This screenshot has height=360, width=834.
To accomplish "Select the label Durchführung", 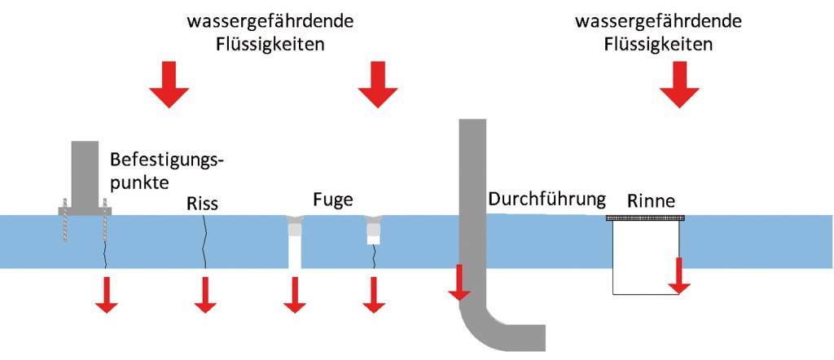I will point(547,198).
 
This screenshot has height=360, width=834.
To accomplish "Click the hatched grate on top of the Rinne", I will point(646,217).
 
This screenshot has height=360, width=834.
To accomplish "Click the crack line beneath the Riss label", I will point(204,240).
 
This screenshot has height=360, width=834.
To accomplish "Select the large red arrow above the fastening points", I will point(169,84).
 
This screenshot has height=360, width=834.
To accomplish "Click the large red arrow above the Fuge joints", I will point(376,84).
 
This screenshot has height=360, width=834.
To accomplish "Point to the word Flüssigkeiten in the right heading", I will point(658,44).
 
